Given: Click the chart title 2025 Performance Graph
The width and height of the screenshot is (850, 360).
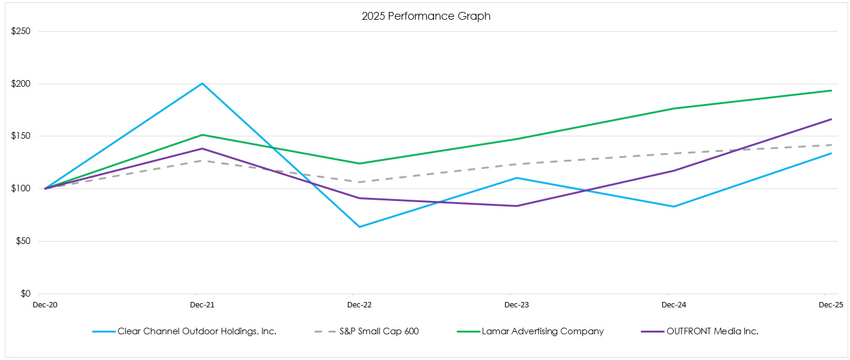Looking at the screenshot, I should (426, 16).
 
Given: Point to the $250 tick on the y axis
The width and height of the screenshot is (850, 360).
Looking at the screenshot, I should (21, 31).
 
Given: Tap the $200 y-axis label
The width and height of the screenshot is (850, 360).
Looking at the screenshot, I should (21, 84).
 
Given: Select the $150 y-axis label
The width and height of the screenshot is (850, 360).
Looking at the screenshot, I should (21, 136).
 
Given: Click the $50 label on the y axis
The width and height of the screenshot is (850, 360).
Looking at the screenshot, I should (23, 242).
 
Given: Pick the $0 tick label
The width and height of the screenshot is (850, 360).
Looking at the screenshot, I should (25, 294).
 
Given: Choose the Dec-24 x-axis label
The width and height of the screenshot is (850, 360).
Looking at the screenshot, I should (674, 305).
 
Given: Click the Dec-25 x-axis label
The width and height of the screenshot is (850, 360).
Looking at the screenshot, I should (831, 305).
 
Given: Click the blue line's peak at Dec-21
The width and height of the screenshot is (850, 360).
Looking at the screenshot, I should (202, 84).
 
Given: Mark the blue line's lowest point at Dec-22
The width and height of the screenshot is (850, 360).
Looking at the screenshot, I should (359, 227).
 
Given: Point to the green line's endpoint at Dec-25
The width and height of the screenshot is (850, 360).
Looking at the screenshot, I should (831, 91).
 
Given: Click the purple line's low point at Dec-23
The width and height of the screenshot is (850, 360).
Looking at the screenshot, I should (516, 206).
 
